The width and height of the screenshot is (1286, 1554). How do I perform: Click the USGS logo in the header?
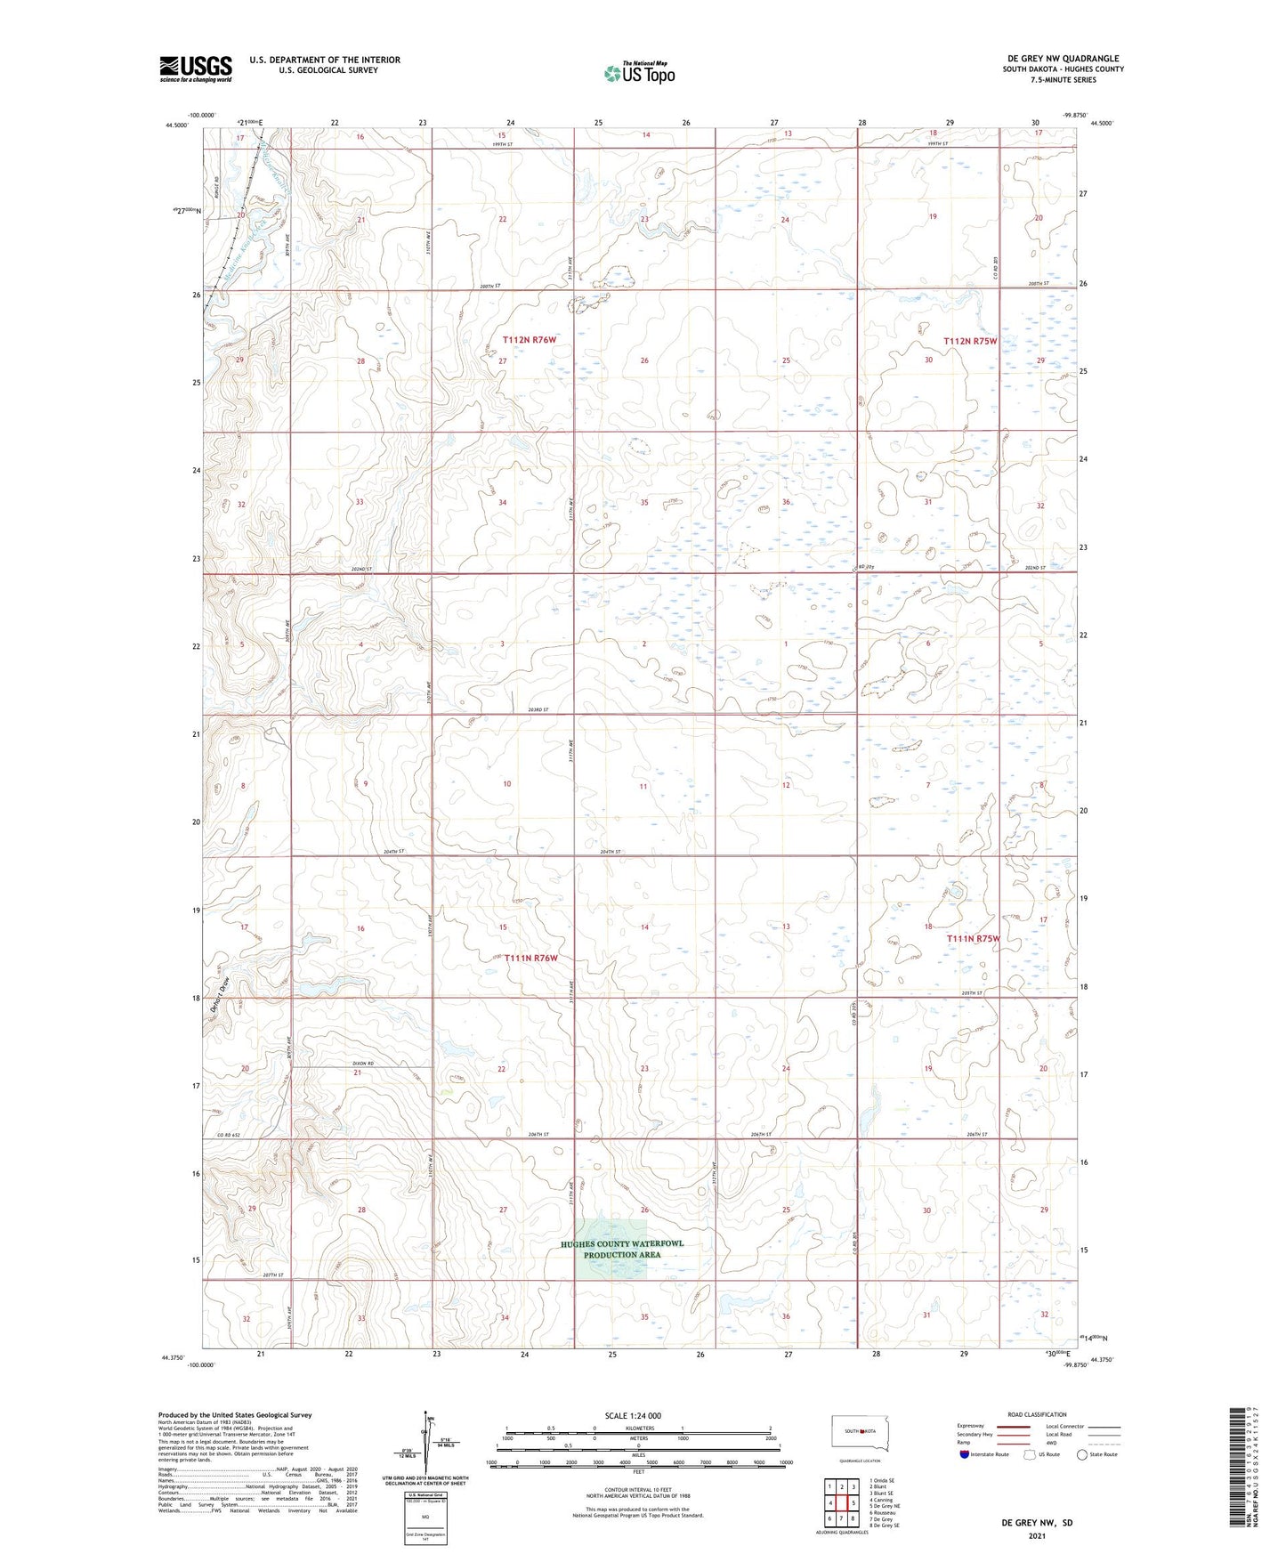pos(196,69)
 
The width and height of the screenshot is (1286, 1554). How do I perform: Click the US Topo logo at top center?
pos(639,73)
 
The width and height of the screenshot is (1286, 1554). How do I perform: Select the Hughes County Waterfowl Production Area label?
pos(622,1249)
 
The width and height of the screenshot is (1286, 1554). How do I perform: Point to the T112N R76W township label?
pos(529,340)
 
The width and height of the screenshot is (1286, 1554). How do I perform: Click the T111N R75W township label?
pos(973,938)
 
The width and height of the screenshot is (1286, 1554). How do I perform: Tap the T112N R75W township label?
pos(970,341)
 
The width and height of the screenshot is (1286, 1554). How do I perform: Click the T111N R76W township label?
pos(530,958)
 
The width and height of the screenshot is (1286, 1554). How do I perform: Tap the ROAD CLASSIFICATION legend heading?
pos(1037,1414)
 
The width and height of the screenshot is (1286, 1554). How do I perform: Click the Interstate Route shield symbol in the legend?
pos(965,1453)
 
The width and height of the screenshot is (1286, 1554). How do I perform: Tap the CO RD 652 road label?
pos(229,1135)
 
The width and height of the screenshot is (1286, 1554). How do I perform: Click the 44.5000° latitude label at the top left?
pos(175,125)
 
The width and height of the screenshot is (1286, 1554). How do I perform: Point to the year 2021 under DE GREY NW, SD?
pos(1036,1535)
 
